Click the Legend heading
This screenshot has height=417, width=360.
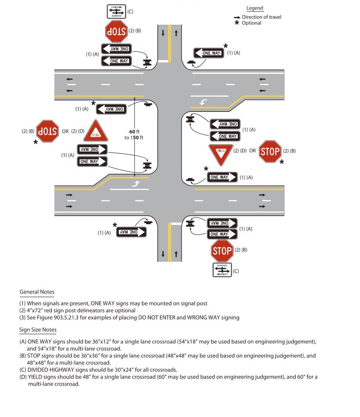[254, 8]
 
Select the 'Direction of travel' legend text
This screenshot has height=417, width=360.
[261, 17]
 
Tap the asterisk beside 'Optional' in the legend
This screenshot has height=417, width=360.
[237, 23]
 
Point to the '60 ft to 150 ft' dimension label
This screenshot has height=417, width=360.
[134, 134]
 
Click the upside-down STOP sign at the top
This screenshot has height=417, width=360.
[116, 31]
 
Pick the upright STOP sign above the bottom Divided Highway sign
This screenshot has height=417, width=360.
[222, 251]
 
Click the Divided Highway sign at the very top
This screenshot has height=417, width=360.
[116, 11]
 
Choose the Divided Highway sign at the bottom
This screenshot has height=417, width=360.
[222, 270]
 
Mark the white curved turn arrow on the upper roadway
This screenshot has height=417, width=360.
[203, 102]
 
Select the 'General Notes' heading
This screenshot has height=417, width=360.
[37, 292]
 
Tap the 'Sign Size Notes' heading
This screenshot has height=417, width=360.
[38, 330]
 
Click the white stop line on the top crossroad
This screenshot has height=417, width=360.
[163, 61]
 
